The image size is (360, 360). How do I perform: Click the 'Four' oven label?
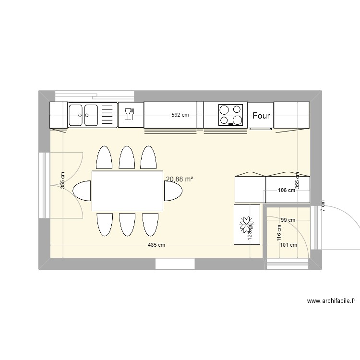click(261, 116)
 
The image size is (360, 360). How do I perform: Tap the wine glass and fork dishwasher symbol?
click(131, 114)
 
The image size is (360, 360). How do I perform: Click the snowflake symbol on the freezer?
click(247, 223)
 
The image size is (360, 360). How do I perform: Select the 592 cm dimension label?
click(180, 115)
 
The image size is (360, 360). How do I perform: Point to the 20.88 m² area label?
click(180, 179)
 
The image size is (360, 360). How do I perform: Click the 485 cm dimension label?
click(156, 245)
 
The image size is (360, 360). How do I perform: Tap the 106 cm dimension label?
click(287, 190)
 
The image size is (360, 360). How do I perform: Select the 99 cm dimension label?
click(288, 220)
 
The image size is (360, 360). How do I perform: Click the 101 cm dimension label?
click(288, 245)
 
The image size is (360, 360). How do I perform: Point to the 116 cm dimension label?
click(279, 234)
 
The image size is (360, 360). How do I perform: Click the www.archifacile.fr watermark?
click(331, 301)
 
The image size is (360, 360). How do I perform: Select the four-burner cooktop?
click(230, 115)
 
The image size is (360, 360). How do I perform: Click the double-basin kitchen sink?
click(93, 115)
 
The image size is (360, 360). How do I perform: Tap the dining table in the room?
click(127, 191)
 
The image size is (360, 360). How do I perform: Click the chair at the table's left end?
click(82, 191)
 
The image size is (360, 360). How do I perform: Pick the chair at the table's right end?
click(173, 191)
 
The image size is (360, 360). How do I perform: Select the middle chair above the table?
click(127, 158)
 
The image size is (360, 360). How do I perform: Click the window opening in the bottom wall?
click(175, 264)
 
